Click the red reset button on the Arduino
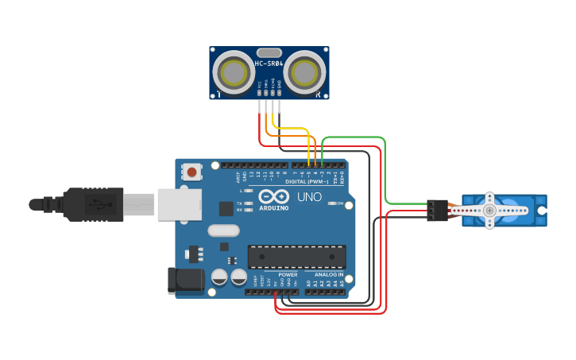click(x=191, y=171)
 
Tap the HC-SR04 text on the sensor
click(x=269, y=64)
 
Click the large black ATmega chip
click(x=297, y=257)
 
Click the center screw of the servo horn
click(x=490, y=211)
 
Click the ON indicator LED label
click(x=339, y=203)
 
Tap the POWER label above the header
click(x=288, y=275)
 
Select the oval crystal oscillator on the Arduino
click(x=222, y=231)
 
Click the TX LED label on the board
click(x=240, y=203)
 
